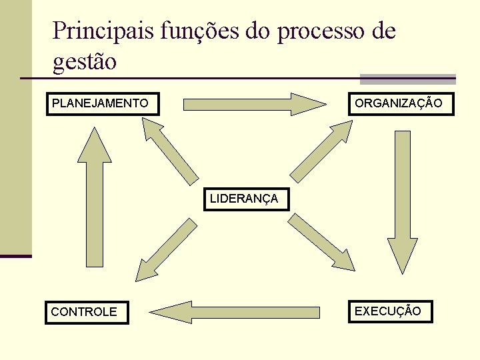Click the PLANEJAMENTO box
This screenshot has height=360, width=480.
pyautogui.click(x=103, y=104)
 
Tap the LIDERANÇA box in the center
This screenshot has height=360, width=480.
pyautogui.click(x=246, y=199)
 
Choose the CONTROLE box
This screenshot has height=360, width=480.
pyautogui.click(x=87, y=311)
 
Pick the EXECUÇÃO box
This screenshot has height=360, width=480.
pyautogui.click(x=390, y=311)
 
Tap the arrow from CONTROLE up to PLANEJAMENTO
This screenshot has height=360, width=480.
pyautogui.click(x=95, y=200)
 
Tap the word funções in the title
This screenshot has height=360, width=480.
pyautogui.click(x=194, y=31)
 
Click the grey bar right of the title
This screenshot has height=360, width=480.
pyautogui.click(x=407, y=79)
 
